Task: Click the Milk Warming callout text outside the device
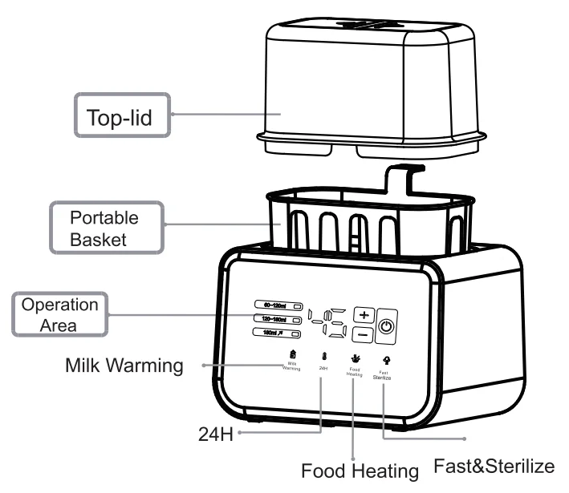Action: point(124,367)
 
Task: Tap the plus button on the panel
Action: point(364,315)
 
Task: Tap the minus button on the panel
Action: point(364,333)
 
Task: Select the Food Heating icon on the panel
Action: point(354,358)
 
